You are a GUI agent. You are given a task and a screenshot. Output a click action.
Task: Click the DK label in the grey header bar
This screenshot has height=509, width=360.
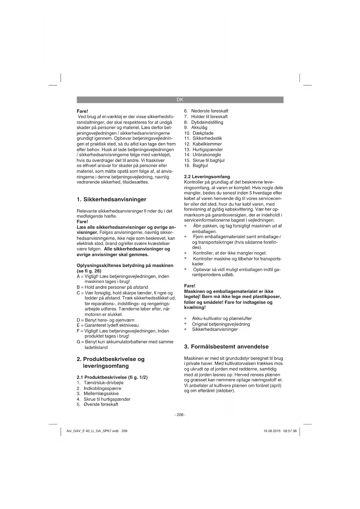coord(180,100)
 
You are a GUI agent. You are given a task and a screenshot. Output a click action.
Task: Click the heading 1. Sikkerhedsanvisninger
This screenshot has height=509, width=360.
coord(111,199)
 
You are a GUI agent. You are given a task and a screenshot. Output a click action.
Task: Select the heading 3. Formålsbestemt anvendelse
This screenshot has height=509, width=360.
coord(226,346)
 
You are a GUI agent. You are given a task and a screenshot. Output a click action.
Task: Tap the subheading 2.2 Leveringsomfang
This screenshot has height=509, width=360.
coord(207,176)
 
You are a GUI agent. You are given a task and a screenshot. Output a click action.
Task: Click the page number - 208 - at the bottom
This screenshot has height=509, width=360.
coord(180,415)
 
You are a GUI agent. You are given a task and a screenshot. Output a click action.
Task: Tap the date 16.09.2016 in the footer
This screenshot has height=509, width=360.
coord(272,431)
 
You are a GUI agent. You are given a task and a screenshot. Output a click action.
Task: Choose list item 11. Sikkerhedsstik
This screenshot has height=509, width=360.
coord(203,138)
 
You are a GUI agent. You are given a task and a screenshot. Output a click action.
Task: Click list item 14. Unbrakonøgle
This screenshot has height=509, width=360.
coord(202,155)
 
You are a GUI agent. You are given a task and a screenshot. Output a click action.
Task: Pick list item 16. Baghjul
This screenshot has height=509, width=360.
coord(196,166)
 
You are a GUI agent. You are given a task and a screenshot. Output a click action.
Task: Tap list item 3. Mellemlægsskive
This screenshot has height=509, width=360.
coord(98,394)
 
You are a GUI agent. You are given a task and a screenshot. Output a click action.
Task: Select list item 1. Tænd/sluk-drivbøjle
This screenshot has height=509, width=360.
coord(100,383)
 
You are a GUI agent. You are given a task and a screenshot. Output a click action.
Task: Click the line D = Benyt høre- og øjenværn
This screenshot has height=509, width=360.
coord(105,320)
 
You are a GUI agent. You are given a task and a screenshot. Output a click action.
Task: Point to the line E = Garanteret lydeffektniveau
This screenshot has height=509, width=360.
coord(108,325)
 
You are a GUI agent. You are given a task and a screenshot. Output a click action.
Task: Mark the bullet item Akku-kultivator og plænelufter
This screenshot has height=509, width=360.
coord(222,318)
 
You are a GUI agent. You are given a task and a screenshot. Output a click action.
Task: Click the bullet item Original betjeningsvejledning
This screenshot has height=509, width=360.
coord(221,324)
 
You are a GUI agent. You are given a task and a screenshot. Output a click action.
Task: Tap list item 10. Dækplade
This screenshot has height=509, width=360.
coord(199,133)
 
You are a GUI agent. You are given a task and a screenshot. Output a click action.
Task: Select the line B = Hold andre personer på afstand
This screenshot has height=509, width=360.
coord(112,287)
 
